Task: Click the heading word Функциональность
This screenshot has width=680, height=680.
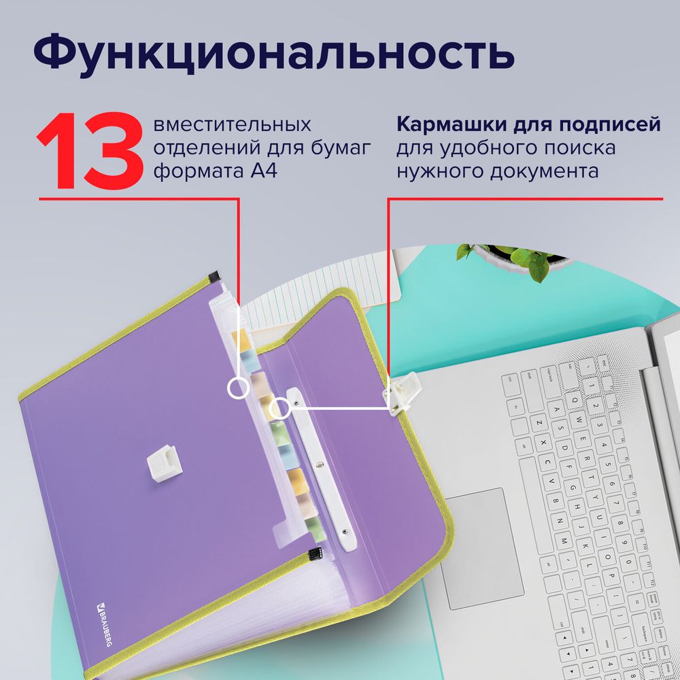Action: click(x=273, y=54)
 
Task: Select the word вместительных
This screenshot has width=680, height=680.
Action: click(x=233, y=126)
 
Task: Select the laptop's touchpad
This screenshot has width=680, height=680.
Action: click(x=483, y=538)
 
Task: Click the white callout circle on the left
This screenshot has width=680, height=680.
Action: click(x=237, y=388)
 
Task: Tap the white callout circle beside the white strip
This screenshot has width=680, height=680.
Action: click(x=279, y=409)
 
